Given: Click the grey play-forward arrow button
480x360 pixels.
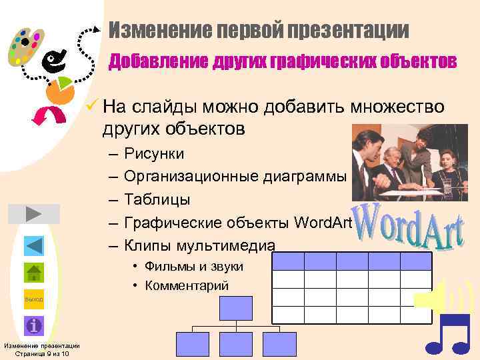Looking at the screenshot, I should (x=34, y=213).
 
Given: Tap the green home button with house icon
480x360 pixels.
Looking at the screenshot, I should (x=34, y=273).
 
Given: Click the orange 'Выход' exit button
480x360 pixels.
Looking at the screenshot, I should (x=34, y=299).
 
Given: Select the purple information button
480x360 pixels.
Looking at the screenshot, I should (x=34, y=326).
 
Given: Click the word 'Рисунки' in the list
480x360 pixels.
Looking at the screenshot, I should (x=154, y=154).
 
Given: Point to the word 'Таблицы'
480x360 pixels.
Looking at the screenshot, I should (x=157, y=199).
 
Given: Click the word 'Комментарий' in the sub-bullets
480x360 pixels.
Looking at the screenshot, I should (x=189, y=286).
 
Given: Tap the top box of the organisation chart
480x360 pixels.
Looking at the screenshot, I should (x=236, y=308).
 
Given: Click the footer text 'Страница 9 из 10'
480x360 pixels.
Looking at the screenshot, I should (x=41, y=353).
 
